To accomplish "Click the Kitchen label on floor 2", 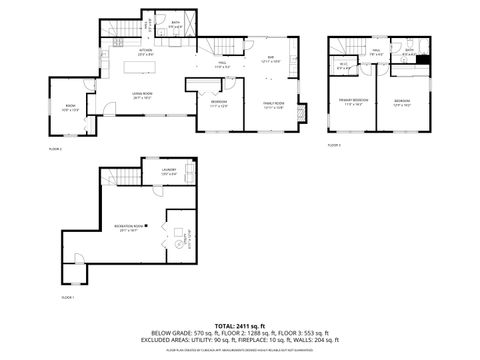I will tap(145, 50).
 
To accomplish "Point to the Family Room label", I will tap(273, 105).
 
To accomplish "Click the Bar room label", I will tap(270, 59).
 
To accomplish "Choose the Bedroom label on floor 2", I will tap(219, 103).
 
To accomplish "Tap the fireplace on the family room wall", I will tap(305, 108).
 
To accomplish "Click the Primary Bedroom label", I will tap(353, 102).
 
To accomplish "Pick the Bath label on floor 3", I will tap(409, 52).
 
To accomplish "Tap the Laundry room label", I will tap(168, 171).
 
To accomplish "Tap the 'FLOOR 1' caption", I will tap(67, 297).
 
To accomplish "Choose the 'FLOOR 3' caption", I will tap(334, 145).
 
